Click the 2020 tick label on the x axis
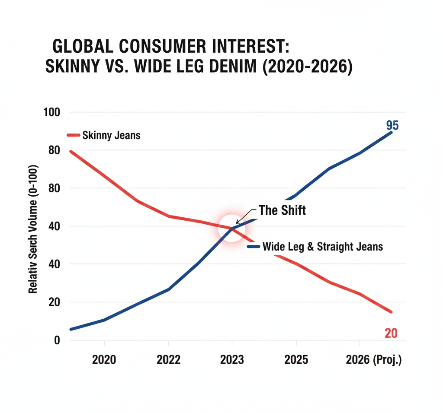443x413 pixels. [x=104, y=360]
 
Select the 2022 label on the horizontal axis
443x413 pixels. [x=168, y=360]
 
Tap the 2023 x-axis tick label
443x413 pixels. [x=232, y=360]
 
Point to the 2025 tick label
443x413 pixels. [x=296, y=360]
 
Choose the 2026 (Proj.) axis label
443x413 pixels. [x=374, y=360]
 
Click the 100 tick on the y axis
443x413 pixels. [x=52, y=112]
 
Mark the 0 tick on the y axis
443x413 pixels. [x=56, y=340]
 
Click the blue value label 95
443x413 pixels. [x=392, y=126]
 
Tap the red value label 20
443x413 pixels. [x=391, y=333]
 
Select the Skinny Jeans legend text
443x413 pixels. [x=111, y=136]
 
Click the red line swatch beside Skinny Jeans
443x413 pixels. [x=74, y=136]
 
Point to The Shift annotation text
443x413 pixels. [x=282, y=210]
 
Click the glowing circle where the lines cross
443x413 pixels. [x=232, y=228]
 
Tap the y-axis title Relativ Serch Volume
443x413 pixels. [x=33, y=229]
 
